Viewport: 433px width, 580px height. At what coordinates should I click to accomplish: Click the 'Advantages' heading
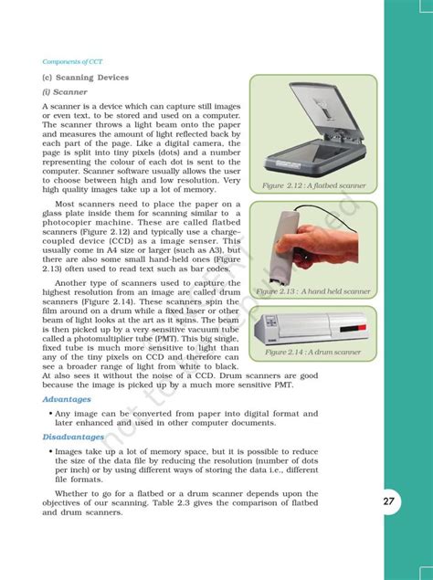click(66, 399)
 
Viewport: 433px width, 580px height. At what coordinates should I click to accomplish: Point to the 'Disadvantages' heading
click(73, 437)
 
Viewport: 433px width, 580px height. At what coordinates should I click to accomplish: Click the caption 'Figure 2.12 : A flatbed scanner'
click(313, 185)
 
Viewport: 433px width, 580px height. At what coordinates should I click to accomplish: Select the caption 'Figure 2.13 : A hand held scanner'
click(313, 291)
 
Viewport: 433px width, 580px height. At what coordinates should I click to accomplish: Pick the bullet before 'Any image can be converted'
click(48, 414)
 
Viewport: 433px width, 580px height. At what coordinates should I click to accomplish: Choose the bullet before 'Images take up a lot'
click(48, 451)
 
